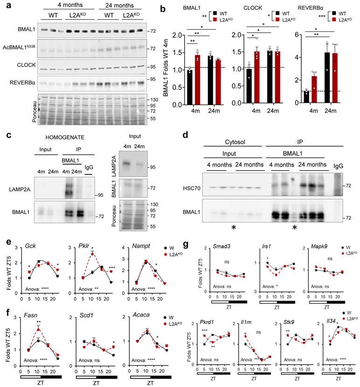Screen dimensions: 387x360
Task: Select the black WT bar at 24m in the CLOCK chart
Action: pyautogui.click(x=257, y=78)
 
